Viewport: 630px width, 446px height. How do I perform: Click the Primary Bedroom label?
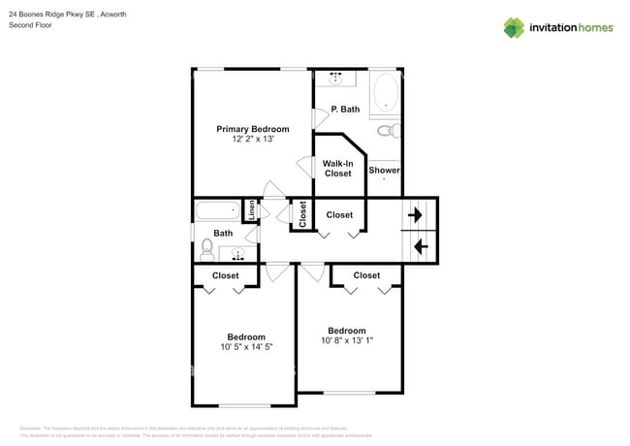(x=252, y=129)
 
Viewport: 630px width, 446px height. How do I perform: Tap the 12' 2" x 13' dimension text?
(x=252, y=140)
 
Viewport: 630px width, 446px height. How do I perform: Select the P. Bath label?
(x=345, y=110)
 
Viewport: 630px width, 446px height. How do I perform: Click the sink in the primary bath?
(x=336, y=79)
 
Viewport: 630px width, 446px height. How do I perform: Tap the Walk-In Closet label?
(x=337, y=169)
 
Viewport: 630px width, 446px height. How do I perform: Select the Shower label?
(x=384, y=171)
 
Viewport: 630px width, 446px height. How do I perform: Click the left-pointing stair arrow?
(x=422, y=246)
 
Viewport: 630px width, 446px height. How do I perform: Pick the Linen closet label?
(x=250, y=210)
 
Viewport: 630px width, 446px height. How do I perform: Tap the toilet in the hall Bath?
(x=206, y=251)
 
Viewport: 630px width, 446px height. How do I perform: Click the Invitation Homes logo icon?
(x=513, y=27)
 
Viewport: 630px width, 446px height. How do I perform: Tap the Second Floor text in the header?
(x=30, y=26)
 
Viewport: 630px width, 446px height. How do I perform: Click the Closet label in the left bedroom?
(x=226, y=275)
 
